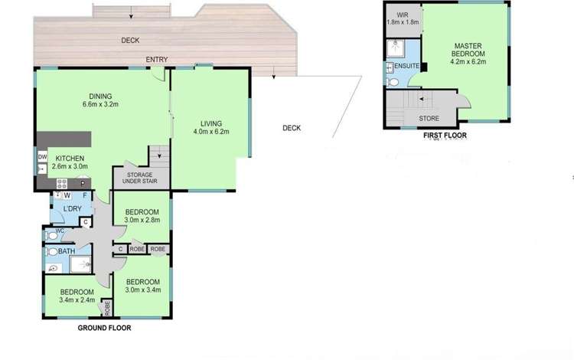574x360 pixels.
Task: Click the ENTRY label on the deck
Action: point(158,59)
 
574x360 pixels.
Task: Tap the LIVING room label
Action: point(210,123)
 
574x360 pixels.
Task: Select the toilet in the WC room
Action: point(51,233)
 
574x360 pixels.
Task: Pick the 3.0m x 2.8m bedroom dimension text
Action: point(141,221)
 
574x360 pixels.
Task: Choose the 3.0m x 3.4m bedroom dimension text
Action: point(143,289)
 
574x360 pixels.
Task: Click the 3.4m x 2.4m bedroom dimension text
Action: point(77,300)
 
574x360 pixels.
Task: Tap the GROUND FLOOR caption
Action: point(104,327)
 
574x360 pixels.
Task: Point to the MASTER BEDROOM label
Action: point(468,50)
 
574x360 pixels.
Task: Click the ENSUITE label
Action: point(406,67)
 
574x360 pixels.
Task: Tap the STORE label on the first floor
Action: point(429,119)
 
